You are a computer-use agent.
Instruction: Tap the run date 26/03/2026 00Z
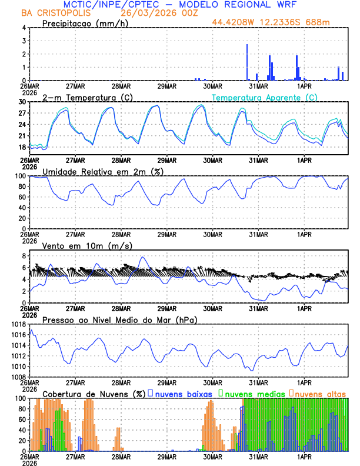pyautogui.click(x=152, y=13)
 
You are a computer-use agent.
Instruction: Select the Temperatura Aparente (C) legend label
pyautogui.click(x=264, y=97)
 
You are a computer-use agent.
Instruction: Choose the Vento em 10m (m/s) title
pyautogui.click(x=87, y=245)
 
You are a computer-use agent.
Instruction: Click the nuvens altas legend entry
pyautogui.click(x=320, y=393)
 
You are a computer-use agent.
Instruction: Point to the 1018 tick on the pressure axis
pyautogui.click(x=18, y=324)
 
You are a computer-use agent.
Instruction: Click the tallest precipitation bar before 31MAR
pyautogui.click(x=247, y=62)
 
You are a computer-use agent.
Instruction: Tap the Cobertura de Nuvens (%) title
pyautogui.click(x=93, y=393)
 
